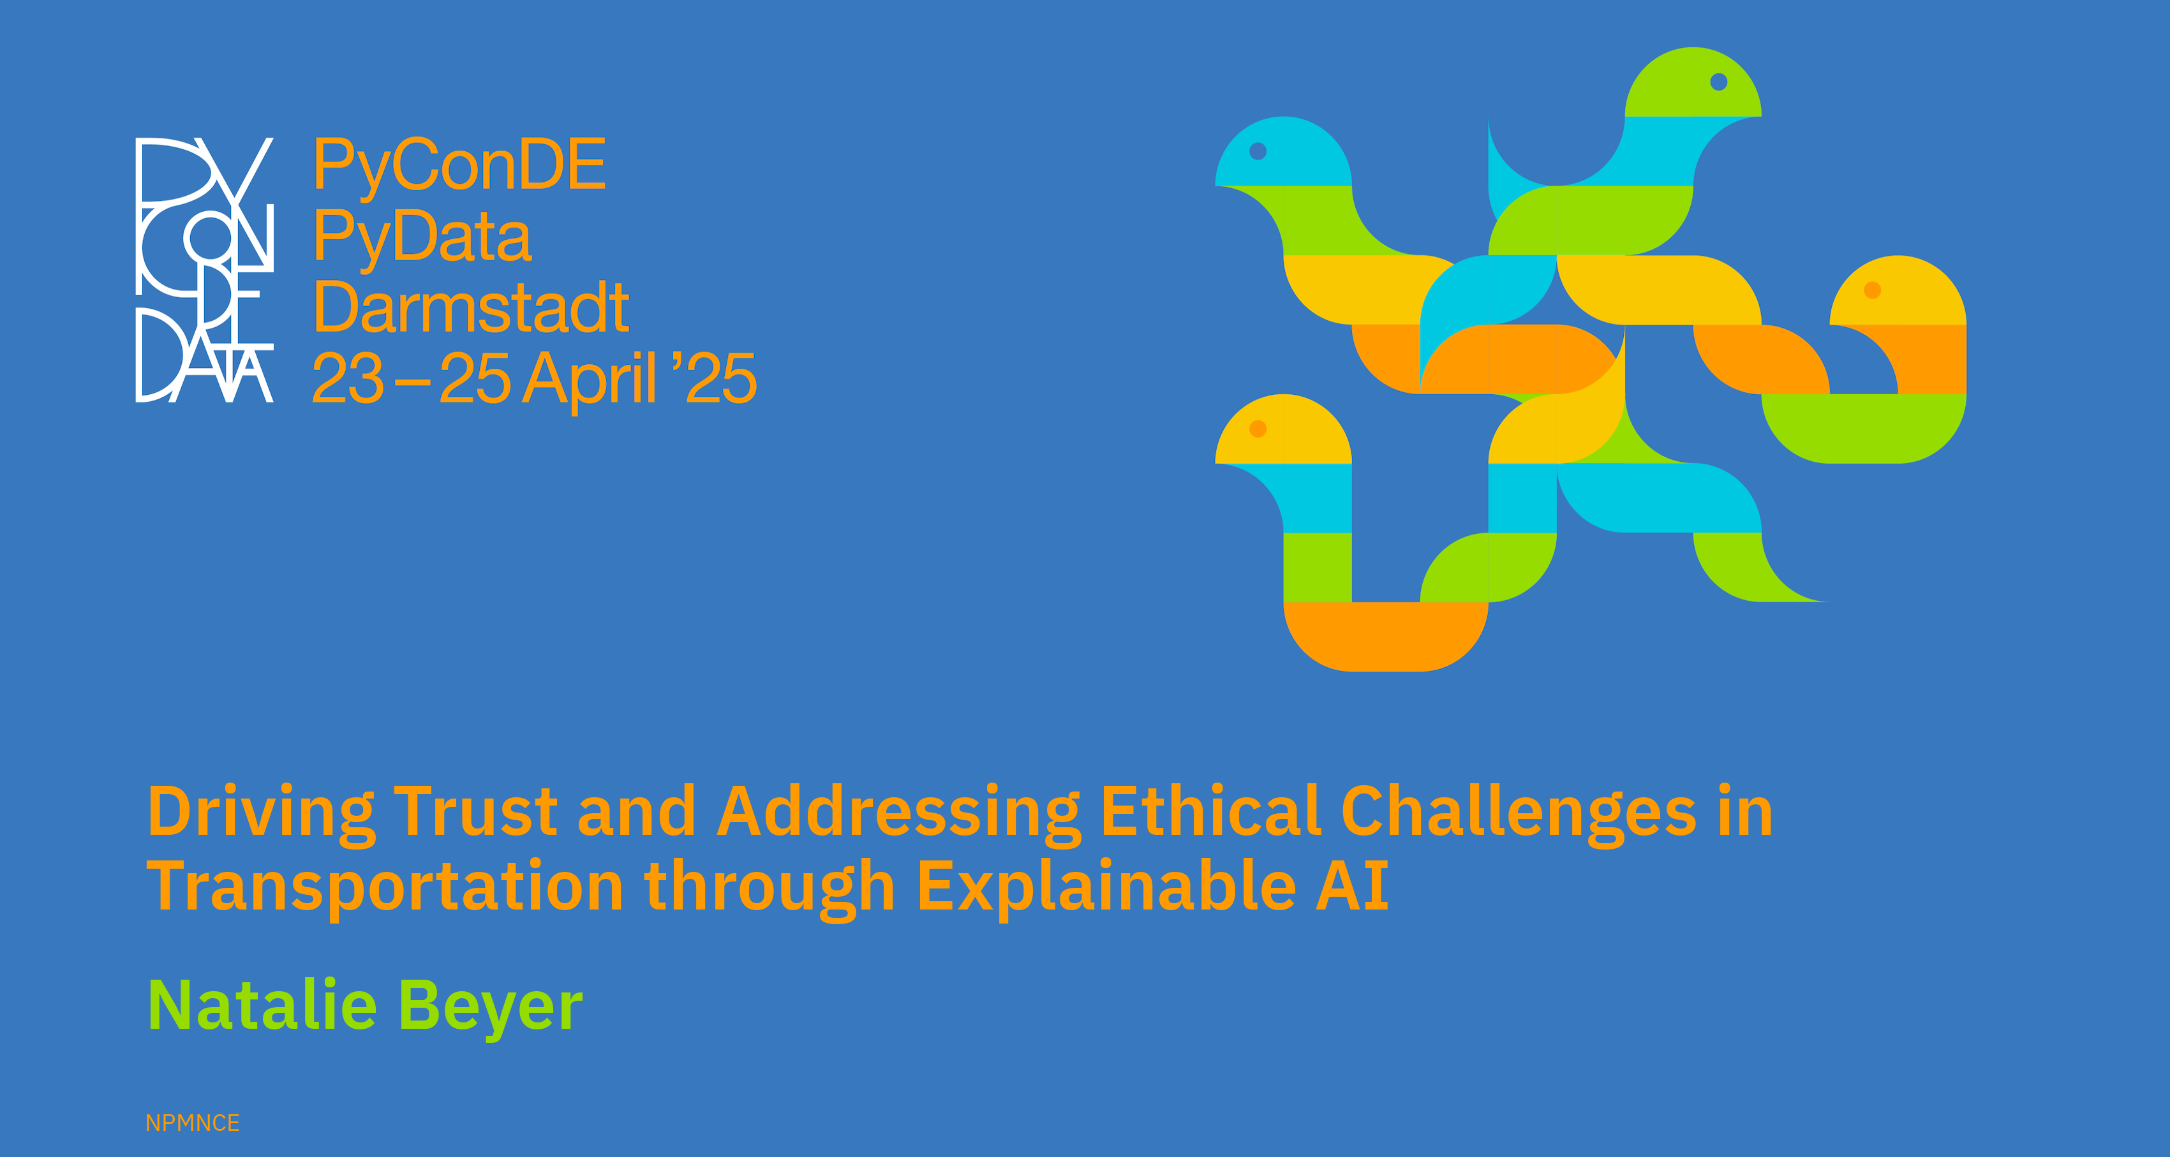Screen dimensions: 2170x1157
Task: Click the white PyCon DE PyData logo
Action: tap(205, 269)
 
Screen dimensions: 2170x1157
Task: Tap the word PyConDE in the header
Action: tap(459, 165)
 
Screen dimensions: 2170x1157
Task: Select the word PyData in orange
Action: tap(423, 237)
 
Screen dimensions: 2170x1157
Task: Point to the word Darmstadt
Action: tap(471, 307)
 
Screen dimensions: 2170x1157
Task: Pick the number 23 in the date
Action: tap(348, 379)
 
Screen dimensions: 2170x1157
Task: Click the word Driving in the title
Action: tap(261, 813)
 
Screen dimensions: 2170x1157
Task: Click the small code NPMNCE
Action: tap(192, 1123)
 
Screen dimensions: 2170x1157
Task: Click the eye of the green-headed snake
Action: tap(1718, 82)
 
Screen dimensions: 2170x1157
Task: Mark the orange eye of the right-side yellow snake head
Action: tap(1872, 290)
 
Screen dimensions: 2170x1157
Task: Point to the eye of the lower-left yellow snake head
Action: tap(1258, 429)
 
